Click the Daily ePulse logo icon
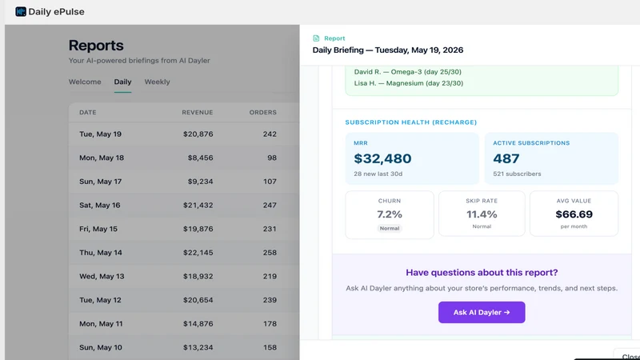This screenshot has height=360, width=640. pos(21,11)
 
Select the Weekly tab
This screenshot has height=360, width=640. pos(157,82)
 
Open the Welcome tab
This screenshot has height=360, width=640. pos(85,82)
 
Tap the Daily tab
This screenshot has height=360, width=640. pos(122,82)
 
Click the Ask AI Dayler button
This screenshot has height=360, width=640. pos(482,312)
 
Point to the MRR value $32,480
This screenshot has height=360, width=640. pos(382,158)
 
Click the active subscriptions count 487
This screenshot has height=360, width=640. pos(506,158)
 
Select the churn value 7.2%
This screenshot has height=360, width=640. pos(390,214)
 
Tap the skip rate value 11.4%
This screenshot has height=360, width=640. pos(482,214)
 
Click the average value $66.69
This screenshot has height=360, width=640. pos(574,214)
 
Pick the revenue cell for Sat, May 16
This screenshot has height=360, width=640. pos(198,205)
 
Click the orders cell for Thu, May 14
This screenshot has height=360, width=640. pos(270,253)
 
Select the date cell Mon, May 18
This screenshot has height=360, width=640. pos(102,158)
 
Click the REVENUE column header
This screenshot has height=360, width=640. pos(198,112)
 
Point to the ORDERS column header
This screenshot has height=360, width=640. pos(263,112)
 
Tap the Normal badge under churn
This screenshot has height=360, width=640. pos(390,229)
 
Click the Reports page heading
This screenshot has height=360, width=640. pos(96,46)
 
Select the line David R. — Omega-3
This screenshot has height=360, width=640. pos(408,72)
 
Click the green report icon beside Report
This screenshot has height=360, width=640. pos(316,38)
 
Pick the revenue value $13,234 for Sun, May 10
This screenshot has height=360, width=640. pos(198,347)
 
